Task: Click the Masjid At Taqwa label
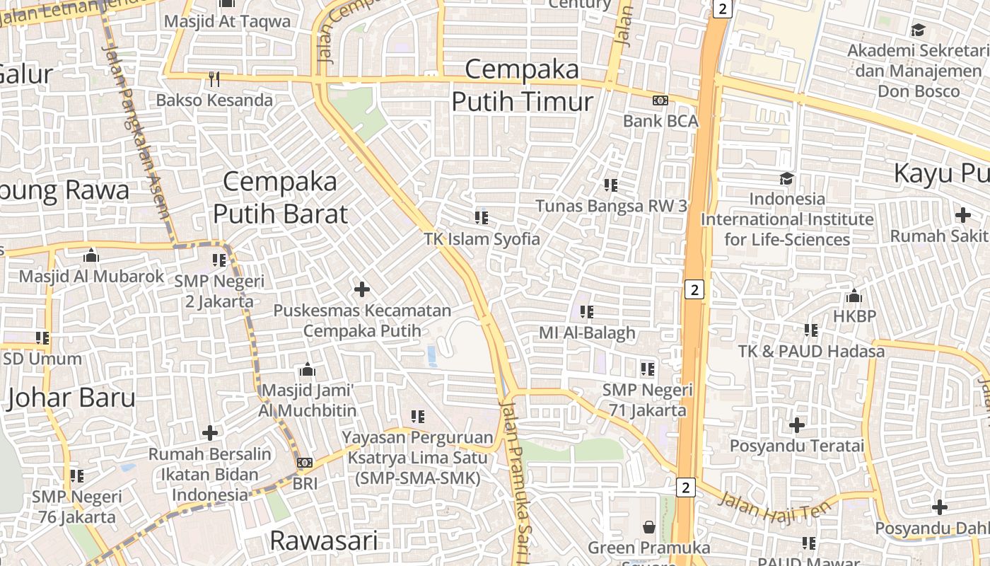[x=227, y=21]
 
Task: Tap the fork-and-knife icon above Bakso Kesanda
[x=214, y=79]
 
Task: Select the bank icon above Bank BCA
[x=660, y=100]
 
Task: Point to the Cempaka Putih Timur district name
[x=523, y=86]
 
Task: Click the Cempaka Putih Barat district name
[x=281, y=197]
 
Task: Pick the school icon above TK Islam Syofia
[x=482, y=217]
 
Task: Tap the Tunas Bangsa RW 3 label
[x=611, y=206]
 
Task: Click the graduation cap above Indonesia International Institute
[x=786, y=178]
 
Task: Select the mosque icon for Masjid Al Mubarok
[x=91, y=255]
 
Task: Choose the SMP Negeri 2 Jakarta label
[x=214, y=291]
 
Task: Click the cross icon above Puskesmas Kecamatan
[x=362, y=289]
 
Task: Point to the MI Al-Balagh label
[x=587, y=333]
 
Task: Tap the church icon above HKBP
[x=854, y=296]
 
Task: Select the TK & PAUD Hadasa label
[x=810, y=351]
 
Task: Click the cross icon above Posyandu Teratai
[x=797, y=425]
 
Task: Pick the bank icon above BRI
[x=305, y=463]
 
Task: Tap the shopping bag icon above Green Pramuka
[x=648, y=527]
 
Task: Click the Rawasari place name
[x=324, y=541]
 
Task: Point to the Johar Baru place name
[x=71, y=398]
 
